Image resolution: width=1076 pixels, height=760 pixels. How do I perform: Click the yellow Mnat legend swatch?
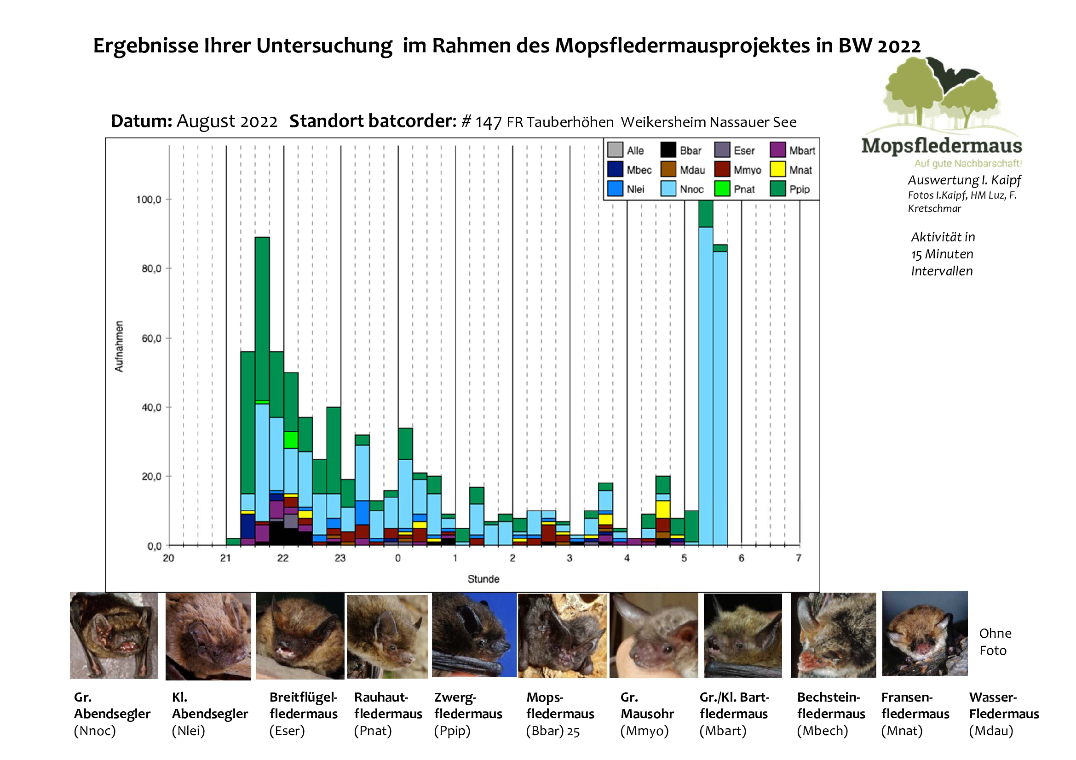(x=777, y=170)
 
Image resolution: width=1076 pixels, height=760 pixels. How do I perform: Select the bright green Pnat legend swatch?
(x=722, y=189)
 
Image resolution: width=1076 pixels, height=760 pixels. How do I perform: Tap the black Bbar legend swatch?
(x=668, y=150)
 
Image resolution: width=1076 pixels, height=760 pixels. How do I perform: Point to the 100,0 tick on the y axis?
(x=149, y=200)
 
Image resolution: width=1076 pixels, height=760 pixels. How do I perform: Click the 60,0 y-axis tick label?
(x=151, y=338)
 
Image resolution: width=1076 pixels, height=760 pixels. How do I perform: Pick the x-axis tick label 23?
(x=340, y=558)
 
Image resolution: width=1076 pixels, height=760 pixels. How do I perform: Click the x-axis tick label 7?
(x=798, y=558)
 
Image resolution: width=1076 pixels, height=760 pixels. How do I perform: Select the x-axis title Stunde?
(x=483, y=579)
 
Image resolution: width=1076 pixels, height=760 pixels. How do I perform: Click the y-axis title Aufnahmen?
(x=119, y=347)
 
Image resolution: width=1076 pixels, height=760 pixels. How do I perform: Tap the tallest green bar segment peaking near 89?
(x=262, y=319)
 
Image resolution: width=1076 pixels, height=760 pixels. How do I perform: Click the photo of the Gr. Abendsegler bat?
(x=114, y=635)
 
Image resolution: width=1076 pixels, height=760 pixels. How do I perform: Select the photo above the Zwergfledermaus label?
(x=474, y=635)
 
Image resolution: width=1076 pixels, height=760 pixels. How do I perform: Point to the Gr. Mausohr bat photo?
(x=653, y=635)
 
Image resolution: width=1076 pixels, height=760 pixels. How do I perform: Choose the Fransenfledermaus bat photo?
(x=924, y=633)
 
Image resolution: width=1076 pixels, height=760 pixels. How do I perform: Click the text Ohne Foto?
(x=995, y=641)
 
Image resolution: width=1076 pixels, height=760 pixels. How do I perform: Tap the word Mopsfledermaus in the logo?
(x=942, y=146)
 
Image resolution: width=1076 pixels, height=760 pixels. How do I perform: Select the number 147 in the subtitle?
(x=489, y=123)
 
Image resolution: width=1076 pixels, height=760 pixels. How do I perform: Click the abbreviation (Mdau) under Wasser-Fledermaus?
(x=991, y=731)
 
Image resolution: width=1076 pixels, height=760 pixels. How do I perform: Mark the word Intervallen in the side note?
(x=942, y=271)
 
